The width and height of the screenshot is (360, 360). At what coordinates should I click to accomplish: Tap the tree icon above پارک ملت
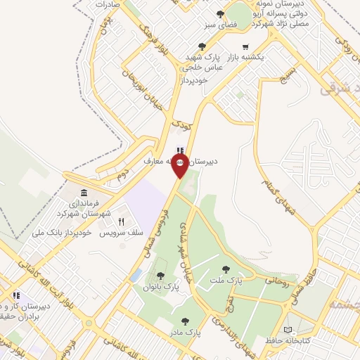226,269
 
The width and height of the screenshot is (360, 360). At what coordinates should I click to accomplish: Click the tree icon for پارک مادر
185,321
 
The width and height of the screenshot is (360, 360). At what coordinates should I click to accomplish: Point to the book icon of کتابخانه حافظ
287,330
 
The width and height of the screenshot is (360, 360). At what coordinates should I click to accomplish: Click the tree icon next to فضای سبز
221,13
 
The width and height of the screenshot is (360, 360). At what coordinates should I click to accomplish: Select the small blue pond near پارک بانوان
136,275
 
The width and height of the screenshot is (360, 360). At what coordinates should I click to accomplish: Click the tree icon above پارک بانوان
161,276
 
